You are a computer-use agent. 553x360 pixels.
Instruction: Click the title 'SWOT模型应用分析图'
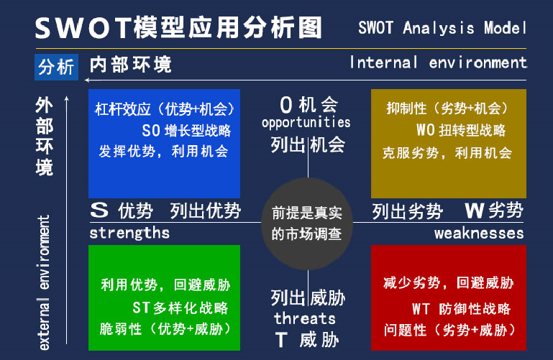178,28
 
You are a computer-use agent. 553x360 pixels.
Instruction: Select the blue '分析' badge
56,67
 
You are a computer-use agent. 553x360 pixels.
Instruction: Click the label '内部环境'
131,65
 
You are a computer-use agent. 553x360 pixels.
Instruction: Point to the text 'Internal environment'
438,63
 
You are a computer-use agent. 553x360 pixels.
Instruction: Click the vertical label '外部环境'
44,137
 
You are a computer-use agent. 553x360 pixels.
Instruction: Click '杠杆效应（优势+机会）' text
165,109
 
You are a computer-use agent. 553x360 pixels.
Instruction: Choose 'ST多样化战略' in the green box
180,308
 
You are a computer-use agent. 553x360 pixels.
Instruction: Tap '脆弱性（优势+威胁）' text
165,330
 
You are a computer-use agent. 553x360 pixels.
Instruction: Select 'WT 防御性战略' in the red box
461,308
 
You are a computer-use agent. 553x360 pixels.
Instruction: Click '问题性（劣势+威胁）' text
449,330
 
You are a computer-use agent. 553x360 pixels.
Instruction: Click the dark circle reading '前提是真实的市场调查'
307,223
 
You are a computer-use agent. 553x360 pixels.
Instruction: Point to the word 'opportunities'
306,123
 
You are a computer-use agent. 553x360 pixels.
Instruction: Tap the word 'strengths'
129,233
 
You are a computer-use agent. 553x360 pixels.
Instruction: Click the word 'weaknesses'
479,233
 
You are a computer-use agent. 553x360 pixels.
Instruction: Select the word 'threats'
305,318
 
